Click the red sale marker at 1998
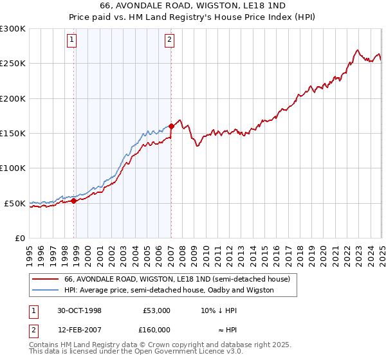click(x=74, y=201)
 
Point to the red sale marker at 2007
click(x=171, y=126)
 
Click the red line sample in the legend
click(x=45, y=280)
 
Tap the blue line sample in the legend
click(x=45, y=290)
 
